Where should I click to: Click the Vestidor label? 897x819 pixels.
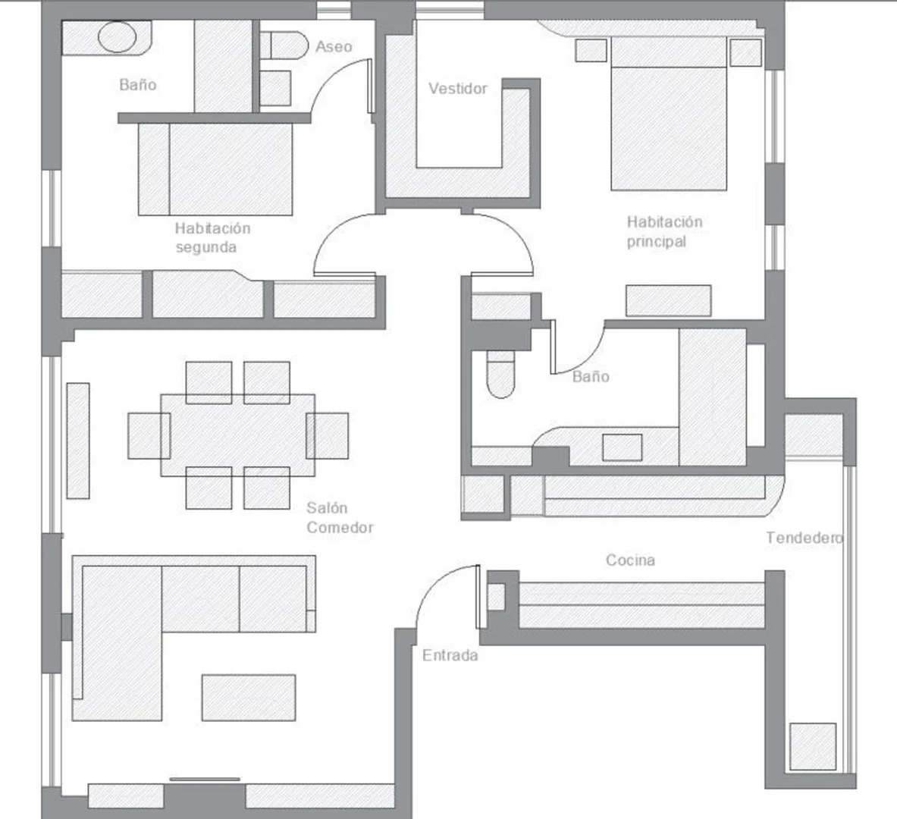pyautogui.click(x=458, y=89)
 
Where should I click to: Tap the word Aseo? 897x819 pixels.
pyautogui.click(x=334, y=47)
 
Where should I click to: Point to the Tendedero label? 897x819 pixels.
pyautogui.click(x=804, y=538)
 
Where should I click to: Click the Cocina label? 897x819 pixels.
pyautogui.click(x=630, y=560)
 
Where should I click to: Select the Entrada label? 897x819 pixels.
pyautogui.click(x=450, y=655)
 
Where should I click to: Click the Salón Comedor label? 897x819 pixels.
pyautogui.click(x=340, y=517)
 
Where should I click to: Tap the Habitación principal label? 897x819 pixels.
pyautogui.click(x=664, y=231)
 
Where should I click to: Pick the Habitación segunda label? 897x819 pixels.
pyautogui.click(x=213, y=237)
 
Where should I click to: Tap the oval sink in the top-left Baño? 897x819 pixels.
pyautogui.click(x=118, y=37)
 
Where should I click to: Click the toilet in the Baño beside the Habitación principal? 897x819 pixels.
pyautogui.click(x=500, y=375)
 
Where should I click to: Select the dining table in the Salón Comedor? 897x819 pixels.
pyautogui.click(x=237, y=435)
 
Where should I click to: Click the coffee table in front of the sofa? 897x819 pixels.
pyautogui.click(x=248, y=697)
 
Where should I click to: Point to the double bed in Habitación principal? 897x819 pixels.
pyautogui.click(x=669, y=114)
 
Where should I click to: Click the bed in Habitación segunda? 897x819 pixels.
pyautogui.click(x=215, y=169)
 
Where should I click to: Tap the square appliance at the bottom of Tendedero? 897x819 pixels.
pyautogui.click(x=813, y=746)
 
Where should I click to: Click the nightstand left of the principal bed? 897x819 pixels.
pyautogui.click(x=591, y=50)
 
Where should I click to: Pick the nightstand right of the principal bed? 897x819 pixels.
pyautogui.click(x=746, y=52)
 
